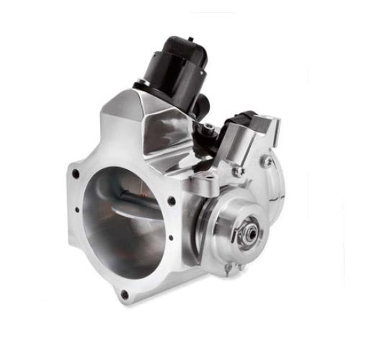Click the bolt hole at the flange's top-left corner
point(75,174)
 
